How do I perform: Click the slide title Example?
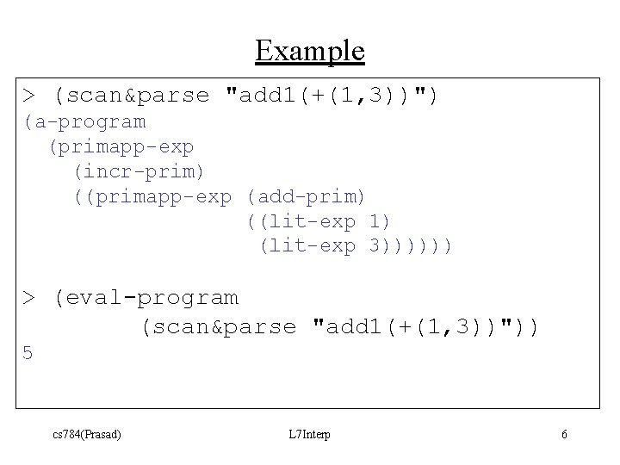coord(310,51)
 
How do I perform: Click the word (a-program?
coord(84,121)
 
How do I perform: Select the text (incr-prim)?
coord(139,172)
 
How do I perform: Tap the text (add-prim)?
coord(307,197)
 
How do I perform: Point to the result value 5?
coord(28,353)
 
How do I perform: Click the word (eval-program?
coord(146,298)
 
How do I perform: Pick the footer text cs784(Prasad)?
coord(86,434)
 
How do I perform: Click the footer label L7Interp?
coord(310,434)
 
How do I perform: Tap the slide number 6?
coord(564,434)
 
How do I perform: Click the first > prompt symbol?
coord(29,95)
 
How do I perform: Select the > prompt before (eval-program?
coord(29,298)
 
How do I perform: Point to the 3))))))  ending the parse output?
coord(410,247)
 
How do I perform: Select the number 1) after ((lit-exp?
coord(380,222)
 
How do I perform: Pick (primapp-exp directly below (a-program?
coord(121,147)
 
